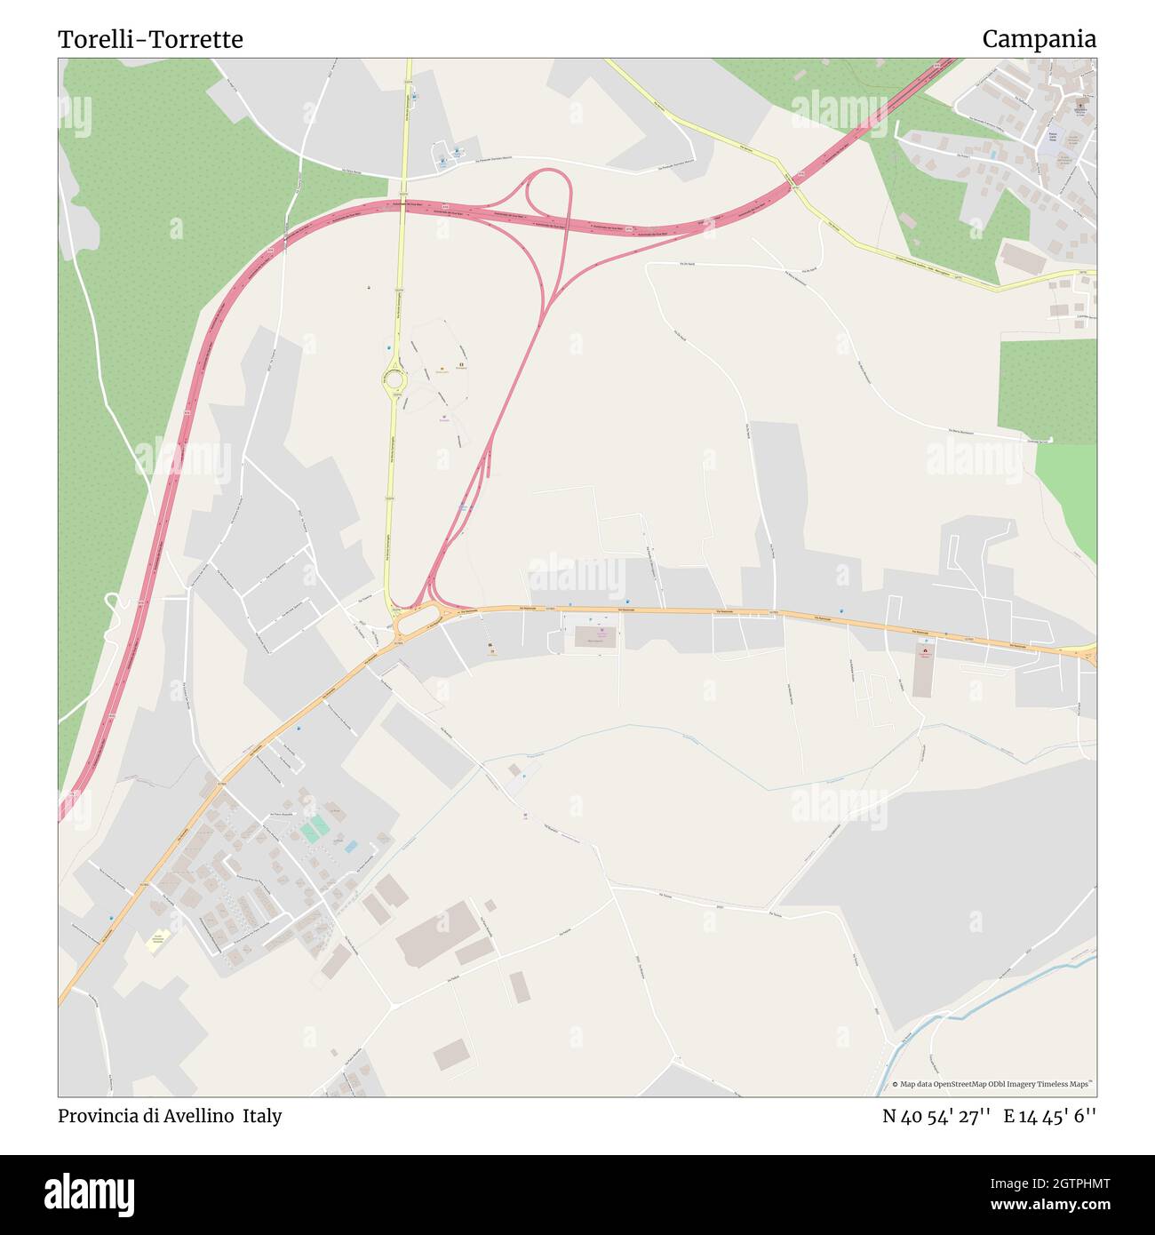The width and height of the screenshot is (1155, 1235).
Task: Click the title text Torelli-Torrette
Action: pos(150,39)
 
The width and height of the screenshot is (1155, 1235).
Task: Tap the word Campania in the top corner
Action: pos(1039,39)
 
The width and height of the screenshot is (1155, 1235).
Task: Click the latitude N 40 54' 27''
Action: pos(936,1116)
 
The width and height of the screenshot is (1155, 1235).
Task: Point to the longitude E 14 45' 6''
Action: pos(1050,1116)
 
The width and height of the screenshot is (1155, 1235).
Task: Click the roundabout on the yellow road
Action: pos(394,380)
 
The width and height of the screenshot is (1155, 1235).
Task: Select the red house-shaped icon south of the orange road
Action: pos(925,653)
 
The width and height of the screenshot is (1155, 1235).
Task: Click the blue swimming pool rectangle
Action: pos(351,847)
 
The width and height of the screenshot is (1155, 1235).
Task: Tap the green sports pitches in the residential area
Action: pos(315,829)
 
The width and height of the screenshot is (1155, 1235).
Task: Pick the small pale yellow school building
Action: pos(158,940)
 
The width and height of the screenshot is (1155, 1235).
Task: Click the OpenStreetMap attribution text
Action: pos(994,1084)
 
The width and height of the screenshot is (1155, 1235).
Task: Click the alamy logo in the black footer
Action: pos(90,1194)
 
